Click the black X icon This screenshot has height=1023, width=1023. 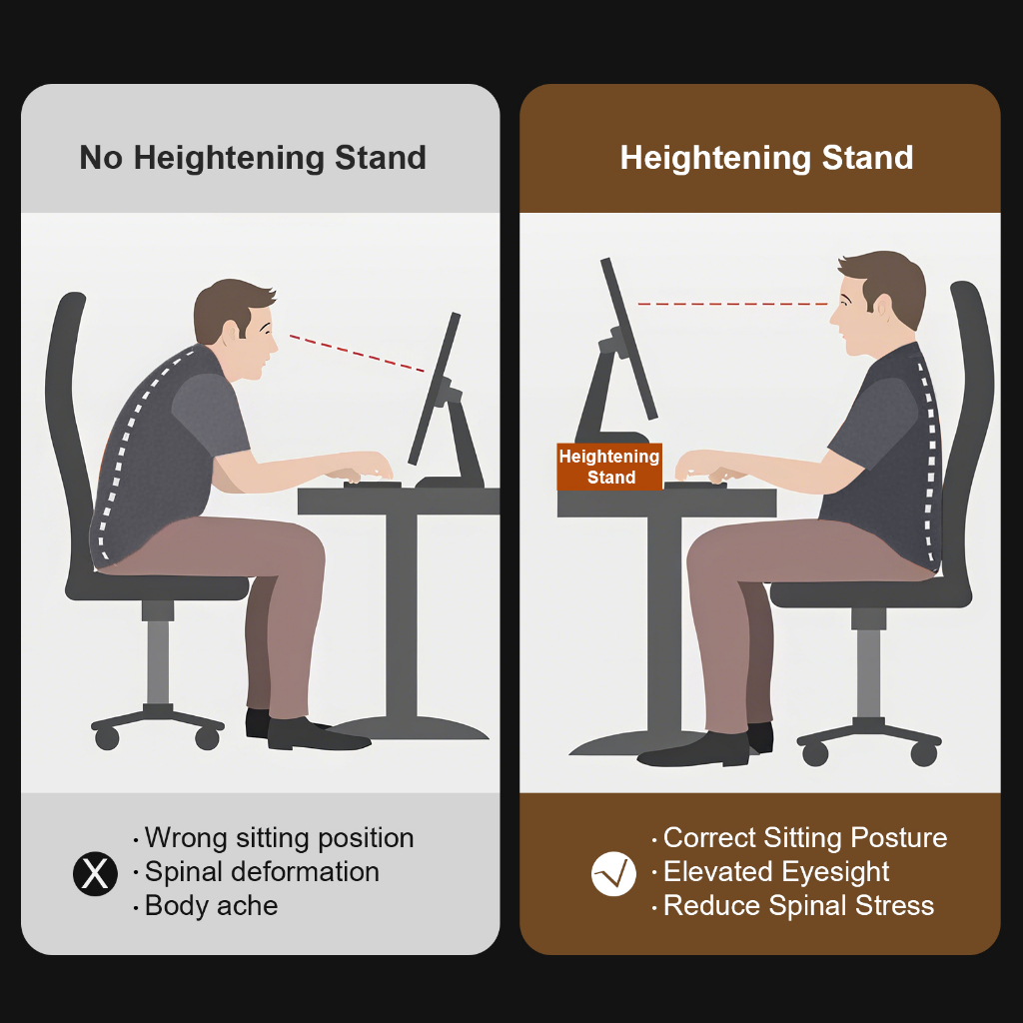click(x=95, y=873)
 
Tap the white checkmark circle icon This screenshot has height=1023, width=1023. click(x=613, y=873)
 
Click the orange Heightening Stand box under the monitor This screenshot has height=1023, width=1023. click(x=609, y=467)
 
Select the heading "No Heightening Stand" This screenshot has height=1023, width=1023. click(x=253, y=158)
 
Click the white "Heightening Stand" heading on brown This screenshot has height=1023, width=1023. click(x=766, y=158)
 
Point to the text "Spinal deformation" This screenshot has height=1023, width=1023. click(x=262, y=871)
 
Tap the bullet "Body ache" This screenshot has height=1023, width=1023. click(x=211, y=905)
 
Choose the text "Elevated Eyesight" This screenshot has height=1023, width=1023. click(x=775, y=871)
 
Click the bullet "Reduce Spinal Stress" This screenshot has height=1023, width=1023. click(x=798, y=905)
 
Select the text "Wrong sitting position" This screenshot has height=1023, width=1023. click(x=280, y=838)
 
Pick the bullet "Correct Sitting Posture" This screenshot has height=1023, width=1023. click(x=805, y=838)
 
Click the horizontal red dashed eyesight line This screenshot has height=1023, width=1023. click(x=732, y=304)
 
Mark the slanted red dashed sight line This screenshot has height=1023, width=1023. click(x=357, y=354)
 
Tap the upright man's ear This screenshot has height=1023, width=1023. click(x=883, y=306)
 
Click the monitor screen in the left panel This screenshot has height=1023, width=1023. click(x=434, y=389)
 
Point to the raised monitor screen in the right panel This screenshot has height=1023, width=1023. click(x=628, y=338)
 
